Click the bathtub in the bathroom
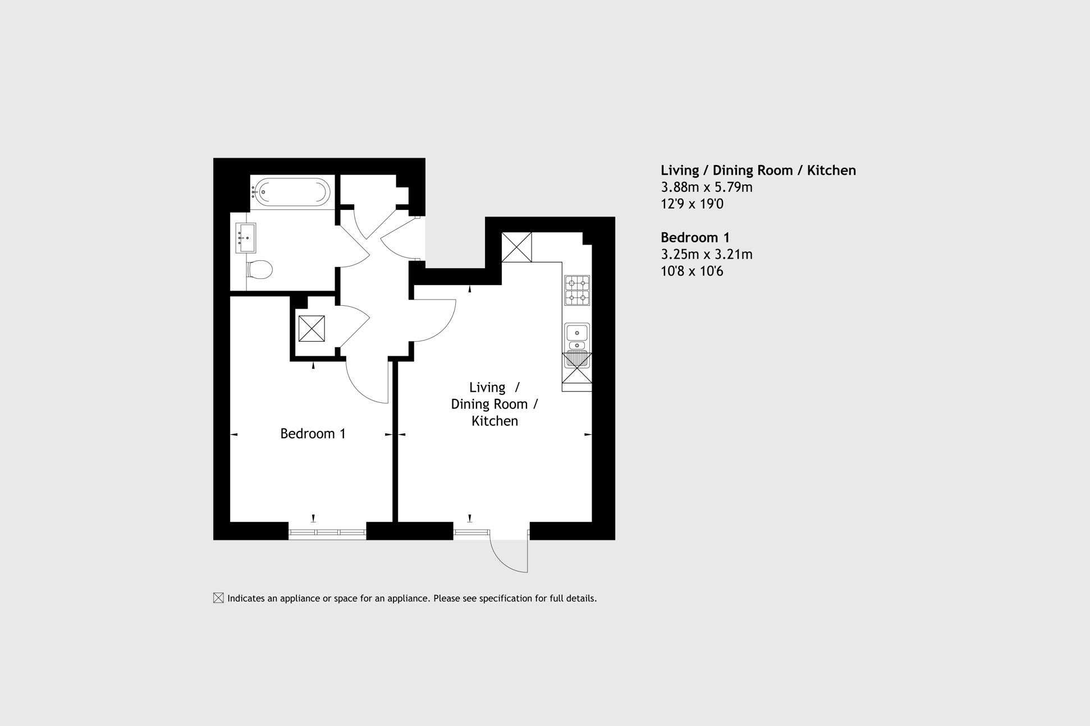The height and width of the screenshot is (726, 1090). coord(290,192)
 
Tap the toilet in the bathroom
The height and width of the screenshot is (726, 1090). coord(259,269)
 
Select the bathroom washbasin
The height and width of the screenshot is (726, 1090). coord(246,238)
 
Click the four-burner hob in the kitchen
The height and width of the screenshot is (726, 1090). coord(577,290)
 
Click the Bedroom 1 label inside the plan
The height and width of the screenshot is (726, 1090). coord(313,434)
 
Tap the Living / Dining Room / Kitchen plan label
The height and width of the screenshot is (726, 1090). coord(494,404)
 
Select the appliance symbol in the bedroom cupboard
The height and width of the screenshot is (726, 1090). coord(312,329)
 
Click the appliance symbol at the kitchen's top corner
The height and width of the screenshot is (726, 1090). coord(516,247)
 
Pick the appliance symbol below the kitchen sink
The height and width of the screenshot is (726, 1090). coord(577,368)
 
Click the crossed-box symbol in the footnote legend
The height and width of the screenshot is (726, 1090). coord(218,598)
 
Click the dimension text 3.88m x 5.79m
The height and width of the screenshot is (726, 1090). coord(706,187)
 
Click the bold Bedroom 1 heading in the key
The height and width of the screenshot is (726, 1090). coord(695,237)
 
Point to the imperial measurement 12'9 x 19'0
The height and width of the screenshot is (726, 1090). coord(692,204)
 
